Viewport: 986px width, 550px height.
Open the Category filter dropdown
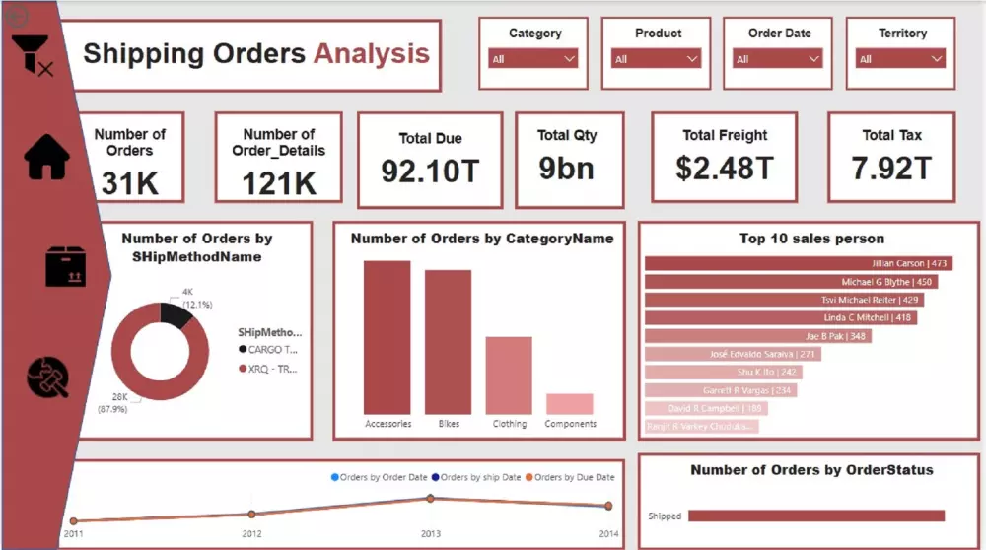[533, 59]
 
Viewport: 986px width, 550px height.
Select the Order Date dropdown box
[778, 59]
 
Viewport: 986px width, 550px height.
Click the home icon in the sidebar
[47, 158]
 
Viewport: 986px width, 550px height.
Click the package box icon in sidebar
[66, 266]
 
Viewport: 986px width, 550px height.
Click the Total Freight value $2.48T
[724, 168]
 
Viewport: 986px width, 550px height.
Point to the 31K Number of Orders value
[129, 183]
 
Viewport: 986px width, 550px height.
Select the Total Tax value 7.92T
[891, 168]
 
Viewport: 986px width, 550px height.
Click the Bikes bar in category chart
[448, 341]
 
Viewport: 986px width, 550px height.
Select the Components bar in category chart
[570, 404]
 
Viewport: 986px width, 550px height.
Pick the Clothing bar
[509, 375]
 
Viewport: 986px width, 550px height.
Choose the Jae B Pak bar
[757, 336]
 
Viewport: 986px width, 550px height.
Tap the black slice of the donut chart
[175, 314]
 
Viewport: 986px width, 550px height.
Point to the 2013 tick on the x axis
[430, 533]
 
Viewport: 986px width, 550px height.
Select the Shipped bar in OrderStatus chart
[815, 516]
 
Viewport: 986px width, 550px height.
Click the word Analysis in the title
[372, 53]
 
